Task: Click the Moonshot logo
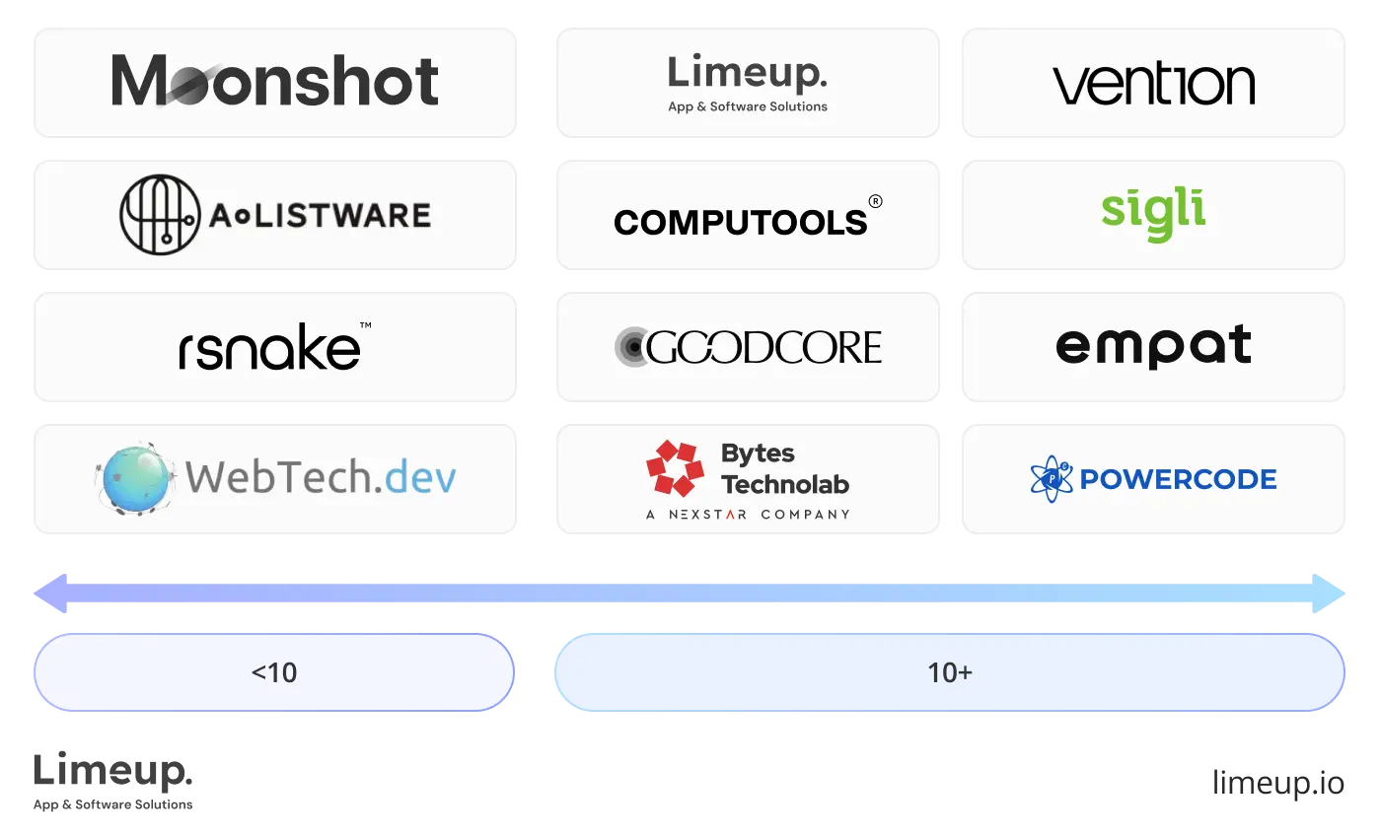pos(275,81)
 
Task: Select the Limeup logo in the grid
pos(747,74)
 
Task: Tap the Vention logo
pos(1153,85)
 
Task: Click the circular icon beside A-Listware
pos(158,214)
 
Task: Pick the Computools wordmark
pos(741,222)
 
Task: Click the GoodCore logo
pos(748,347)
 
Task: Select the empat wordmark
pos(1153,346)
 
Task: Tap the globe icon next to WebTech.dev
pos(138,478)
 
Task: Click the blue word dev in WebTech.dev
pos(421,478)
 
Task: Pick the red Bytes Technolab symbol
pos(675,468)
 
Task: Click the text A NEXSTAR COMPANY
pos(748,514)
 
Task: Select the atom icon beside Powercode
pos(1051,479)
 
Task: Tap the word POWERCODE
pos(1178,479)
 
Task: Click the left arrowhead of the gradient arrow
pos(51,594)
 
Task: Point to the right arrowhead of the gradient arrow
pos(1330,594)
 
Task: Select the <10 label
pos(274,672)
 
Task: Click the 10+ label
pos(949,672)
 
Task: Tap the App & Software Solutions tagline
pos(748,106)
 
